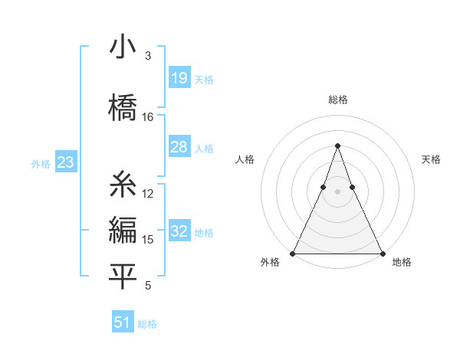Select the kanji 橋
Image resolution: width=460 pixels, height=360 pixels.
(123, 106)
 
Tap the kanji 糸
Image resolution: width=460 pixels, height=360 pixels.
(123, 184)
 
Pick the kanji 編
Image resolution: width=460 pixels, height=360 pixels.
(123, 230)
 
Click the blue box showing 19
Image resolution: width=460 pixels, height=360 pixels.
(179, 77)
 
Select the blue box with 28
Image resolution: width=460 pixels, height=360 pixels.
(179, 147)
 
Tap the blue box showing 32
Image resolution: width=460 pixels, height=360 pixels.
(179, 232)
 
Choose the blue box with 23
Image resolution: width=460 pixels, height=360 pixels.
(64, 162)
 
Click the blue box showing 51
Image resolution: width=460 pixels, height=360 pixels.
(123, 322)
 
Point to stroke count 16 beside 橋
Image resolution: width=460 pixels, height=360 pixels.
(148, 117)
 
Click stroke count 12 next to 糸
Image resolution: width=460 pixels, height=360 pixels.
(148, 194)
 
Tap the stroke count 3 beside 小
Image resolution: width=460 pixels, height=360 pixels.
(147, 56)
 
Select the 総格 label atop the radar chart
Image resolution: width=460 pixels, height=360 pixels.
(337, 100)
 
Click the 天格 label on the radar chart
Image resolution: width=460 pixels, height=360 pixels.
(431, 159)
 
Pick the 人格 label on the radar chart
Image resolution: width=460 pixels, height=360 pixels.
(245, 159)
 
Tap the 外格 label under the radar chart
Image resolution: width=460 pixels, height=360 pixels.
(270, 262)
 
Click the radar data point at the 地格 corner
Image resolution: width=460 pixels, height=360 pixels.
(383, 253)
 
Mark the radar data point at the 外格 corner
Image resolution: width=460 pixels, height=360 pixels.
(293, 253)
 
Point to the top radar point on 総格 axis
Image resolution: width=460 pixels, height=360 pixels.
(337, 146)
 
